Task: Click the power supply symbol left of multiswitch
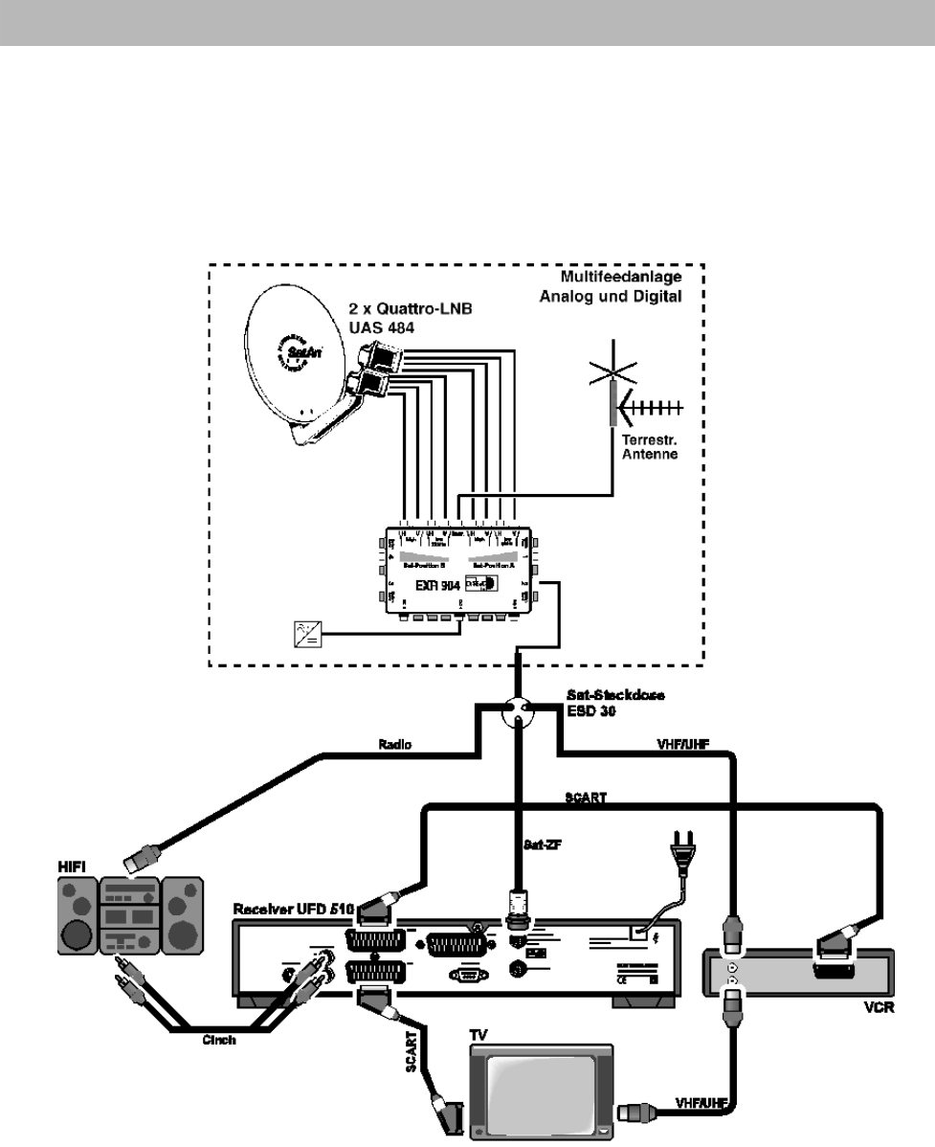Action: coord(308,632)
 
